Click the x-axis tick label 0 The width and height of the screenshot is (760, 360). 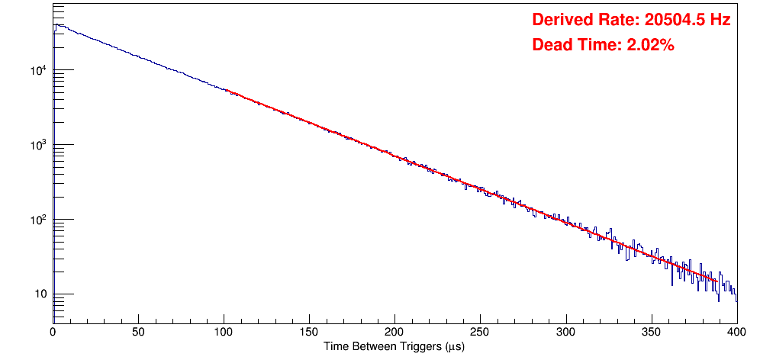(53, 332)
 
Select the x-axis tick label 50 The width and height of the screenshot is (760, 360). (138, 332)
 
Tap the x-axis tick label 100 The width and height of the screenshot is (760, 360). (224, 332)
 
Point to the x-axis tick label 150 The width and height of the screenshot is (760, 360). (309, 332)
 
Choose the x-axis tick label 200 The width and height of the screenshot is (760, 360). (394, 332)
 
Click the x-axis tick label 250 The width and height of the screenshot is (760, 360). (480, 332)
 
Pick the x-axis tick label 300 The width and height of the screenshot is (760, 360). (565, 332)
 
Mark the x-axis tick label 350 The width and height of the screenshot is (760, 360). (651, 332)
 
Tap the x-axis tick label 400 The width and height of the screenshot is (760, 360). (736, 332)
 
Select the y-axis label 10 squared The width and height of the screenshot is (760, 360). (40, 220)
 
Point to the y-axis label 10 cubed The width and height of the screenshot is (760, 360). (40, 146)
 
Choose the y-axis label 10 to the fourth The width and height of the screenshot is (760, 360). (40, 72)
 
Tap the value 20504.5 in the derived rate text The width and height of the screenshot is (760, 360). (672, 20)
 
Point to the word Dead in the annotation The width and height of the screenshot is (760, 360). (552, 45)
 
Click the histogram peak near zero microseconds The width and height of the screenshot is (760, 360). (56, 24)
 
